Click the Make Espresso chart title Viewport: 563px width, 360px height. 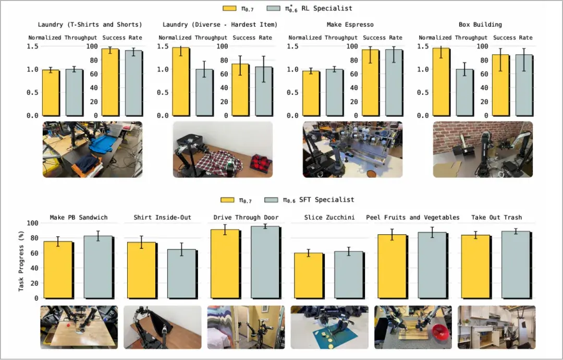pyautogui.click(x=350, y=25)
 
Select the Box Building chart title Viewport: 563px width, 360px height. pyautogui.click(x=480, y=25)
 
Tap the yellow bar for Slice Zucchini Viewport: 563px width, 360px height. pyautogui.click(x=308, y=275)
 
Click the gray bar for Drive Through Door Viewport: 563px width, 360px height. pyautogui.click(x=265, y=262)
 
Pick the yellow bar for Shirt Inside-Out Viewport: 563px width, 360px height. pyautogui.click(x=141, y=270)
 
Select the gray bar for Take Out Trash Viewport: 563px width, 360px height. pyautogui.click(x=516, y=265)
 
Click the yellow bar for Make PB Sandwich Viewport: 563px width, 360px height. pyautogui.click(x=58, y=270)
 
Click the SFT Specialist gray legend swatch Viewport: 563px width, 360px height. pyautogui.click(x=271, y=200)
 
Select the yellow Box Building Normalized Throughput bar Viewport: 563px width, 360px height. pyautogui.click(x=441, y=82)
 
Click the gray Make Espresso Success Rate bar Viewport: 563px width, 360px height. pyautogui.click(x=394, y=82)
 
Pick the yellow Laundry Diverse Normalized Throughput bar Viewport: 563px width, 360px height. pyautogui.click(x=180, y=81)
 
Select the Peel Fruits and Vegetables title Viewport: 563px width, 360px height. pyautogui.click(x=412, y=218)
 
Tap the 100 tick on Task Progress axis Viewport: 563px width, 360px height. pyautogui.click(x=32, y=223)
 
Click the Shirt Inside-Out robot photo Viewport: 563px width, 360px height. pyautogui.click(x=162, y=327)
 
